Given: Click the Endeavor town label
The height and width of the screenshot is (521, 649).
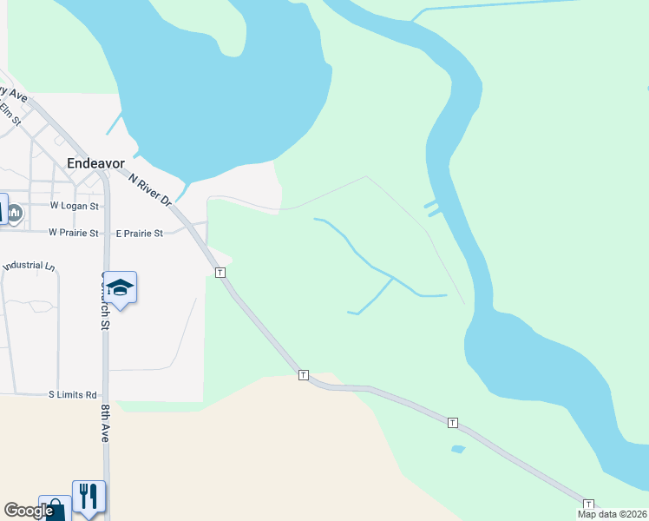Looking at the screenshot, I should point(95,162).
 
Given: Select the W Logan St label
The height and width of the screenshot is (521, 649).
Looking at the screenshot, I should point(75,207).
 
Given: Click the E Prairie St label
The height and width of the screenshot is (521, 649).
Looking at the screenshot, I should point(139,234).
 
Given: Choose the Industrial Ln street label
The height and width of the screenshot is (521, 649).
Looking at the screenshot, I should point(29,266).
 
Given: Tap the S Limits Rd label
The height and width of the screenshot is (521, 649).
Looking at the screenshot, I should point(72,394).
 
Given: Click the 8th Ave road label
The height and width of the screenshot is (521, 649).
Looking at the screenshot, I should point(104,423).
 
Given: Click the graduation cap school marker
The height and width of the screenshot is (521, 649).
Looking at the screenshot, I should point(121,287).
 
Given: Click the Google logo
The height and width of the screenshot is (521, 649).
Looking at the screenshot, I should point(28,511).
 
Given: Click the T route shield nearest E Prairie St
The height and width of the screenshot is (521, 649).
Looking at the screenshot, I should point(220,273).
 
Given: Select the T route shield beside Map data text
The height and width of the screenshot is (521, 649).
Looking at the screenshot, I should point(589,505).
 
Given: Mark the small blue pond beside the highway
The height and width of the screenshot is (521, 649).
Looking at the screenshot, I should point(458,449).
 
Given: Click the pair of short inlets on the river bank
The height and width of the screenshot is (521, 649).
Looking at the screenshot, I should point(431,208).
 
